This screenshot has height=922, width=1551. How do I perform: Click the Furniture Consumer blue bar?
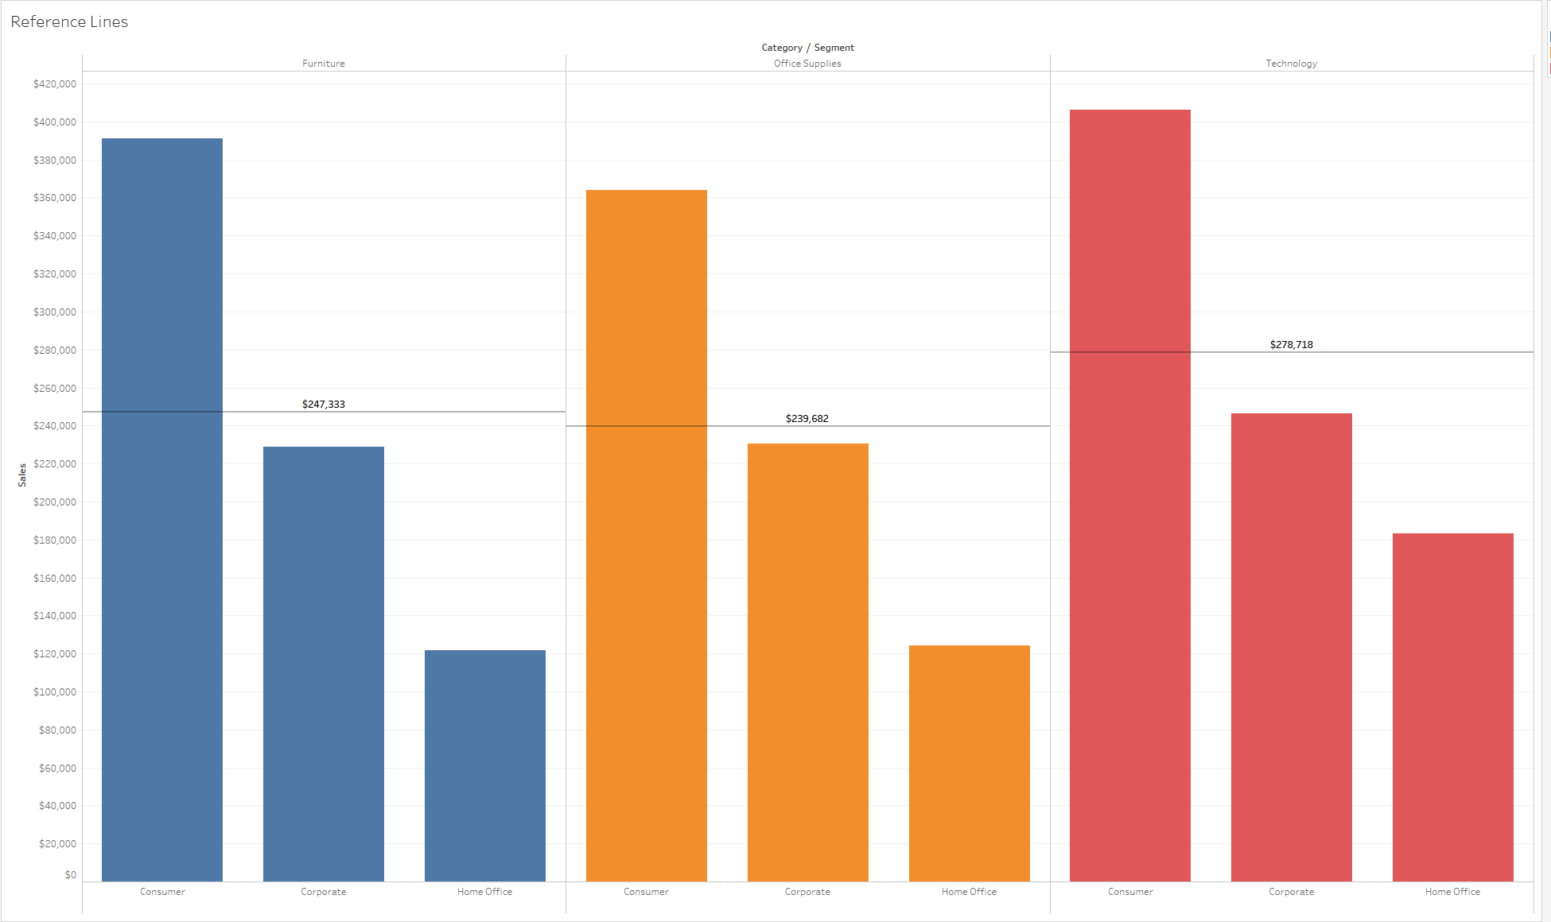pyautogui.click(x=162, y=509)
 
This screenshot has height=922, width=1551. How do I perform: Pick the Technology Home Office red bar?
pyautogui.click(x=1452, y=707)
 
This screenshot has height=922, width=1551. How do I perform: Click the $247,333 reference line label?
pyautogui.click(x=324, y=405)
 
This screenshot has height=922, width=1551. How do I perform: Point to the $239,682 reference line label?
pyautogui.click(x=807, y=419)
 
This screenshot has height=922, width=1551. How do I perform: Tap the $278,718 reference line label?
pyautogui.click(x=1291, y=345)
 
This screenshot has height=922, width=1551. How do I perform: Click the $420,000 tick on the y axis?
pyautogui.click(x=55, y=84)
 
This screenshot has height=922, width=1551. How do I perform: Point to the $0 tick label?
pyautogui.click(x=71, y=875)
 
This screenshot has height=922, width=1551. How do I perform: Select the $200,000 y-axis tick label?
pyautogui.click(x=55, y=502)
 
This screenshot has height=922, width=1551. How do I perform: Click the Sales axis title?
pyautogui.click(x=22, y=475)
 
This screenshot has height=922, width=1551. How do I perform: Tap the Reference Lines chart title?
pyautogui.click(x=69, y=22)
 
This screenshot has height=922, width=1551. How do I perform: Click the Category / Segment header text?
pyautogui.click(x=807, y=48)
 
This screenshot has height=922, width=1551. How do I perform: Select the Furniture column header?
pyautogui.click(x=324, y=64)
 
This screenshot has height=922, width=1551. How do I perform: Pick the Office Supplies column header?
pyautogui.click(x=807, y=64)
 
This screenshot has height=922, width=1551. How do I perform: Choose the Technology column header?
pyautogui.click(x=1291, y=64)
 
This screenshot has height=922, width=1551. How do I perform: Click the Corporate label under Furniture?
pyautogui.click(x=324, y=892)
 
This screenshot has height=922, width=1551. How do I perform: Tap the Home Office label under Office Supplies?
pyautogui.click(x=969, y=892)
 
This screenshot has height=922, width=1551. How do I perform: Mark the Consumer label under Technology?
pyautogui.click(x=1130, y=892)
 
